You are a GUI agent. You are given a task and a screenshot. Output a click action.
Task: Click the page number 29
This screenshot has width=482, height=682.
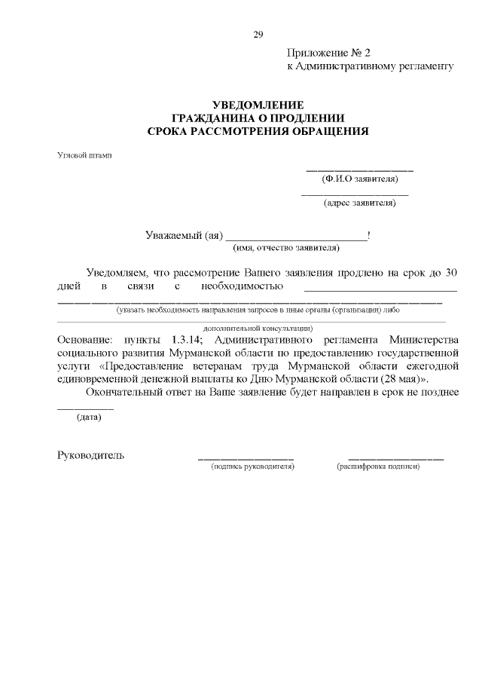point(258,35)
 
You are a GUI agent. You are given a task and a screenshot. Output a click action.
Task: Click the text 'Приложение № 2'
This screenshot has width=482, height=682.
point(329,54)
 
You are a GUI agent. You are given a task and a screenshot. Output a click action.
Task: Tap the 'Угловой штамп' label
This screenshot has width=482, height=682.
point(84,155)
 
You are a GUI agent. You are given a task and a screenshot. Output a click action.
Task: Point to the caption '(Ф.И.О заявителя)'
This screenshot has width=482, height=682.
point(359,179)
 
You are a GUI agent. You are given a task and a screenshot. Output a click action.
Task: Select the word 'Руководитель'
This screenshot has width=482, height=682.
point(91,455)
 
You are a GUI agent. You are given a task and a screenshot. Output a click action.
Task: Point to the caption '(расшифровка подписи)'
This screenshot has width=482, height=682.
point(378,466)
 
